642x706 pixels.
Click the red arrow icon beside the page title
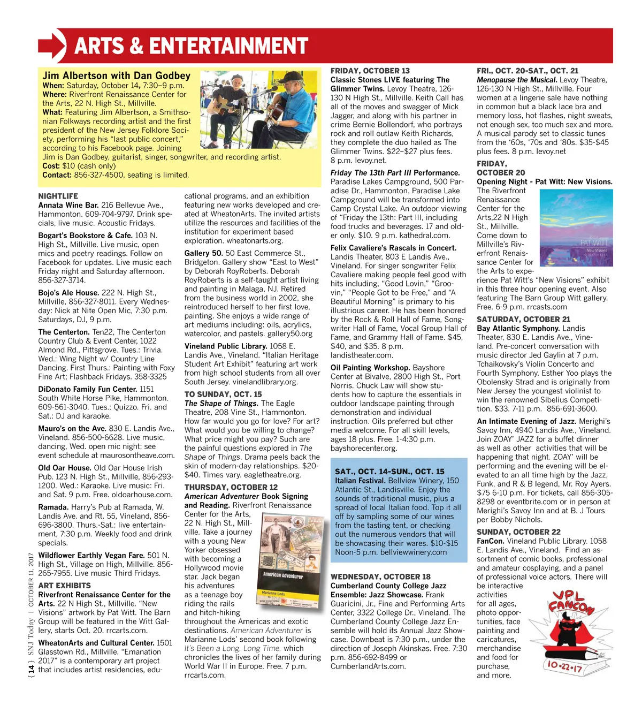pyautogui.click(x=52, y=45)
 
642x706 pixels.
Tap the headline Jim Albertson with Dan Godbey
pyautogui.click(x=117, y=76)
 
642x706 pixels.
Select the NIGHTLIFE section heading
pyautogui.click(x=58, y=196)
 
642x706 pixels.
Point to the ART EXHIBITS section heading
pyautogui.click(x=64, y=586)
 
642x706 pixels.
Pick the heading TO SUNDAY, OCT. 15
pyautogui.click(x=223, y=394)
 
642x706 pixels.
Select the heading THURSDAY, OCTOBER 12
pyautogui.click(x=231, y=488)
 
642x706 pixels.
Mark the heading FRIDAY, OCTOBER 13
pyautogui.click(x=370, y=71)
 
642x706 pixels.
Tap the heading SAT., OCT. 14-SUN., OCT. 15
pyautogui.click(x=389, y=472)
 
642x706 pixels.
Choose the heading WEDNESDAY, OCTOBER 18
pyautogui.click(x=380, y=577)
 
